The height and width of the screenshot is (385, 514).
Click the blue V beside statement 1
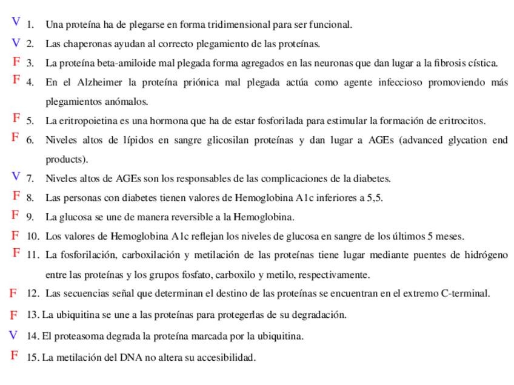pyautogui.click(x=16, y=22)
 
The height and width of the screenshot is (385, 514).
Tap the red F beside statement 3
pyautogui.click(x=16, y=61)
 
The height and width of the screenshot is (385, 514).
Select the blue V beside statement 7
pyautogui.click(x=16, y=176)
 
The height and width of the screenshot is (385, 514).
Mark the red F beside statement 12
pyautogui.click(x=13, y=293)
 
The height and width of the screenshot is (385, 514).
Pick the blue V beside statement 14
pyautogui.click(x=13, y=335)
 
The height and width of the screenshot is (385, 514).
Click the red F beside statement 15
pyautogui.click(x=14, y=355)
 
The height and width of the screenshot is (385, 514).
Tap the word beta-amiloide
pyautogui.click(x=114, y=63)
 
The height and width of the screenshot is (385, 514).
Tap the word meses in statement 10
pyautogui.click(x=450, y=236)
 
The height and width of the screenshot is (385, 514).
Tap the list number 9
pyautogui.click(x=29, y=217)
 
